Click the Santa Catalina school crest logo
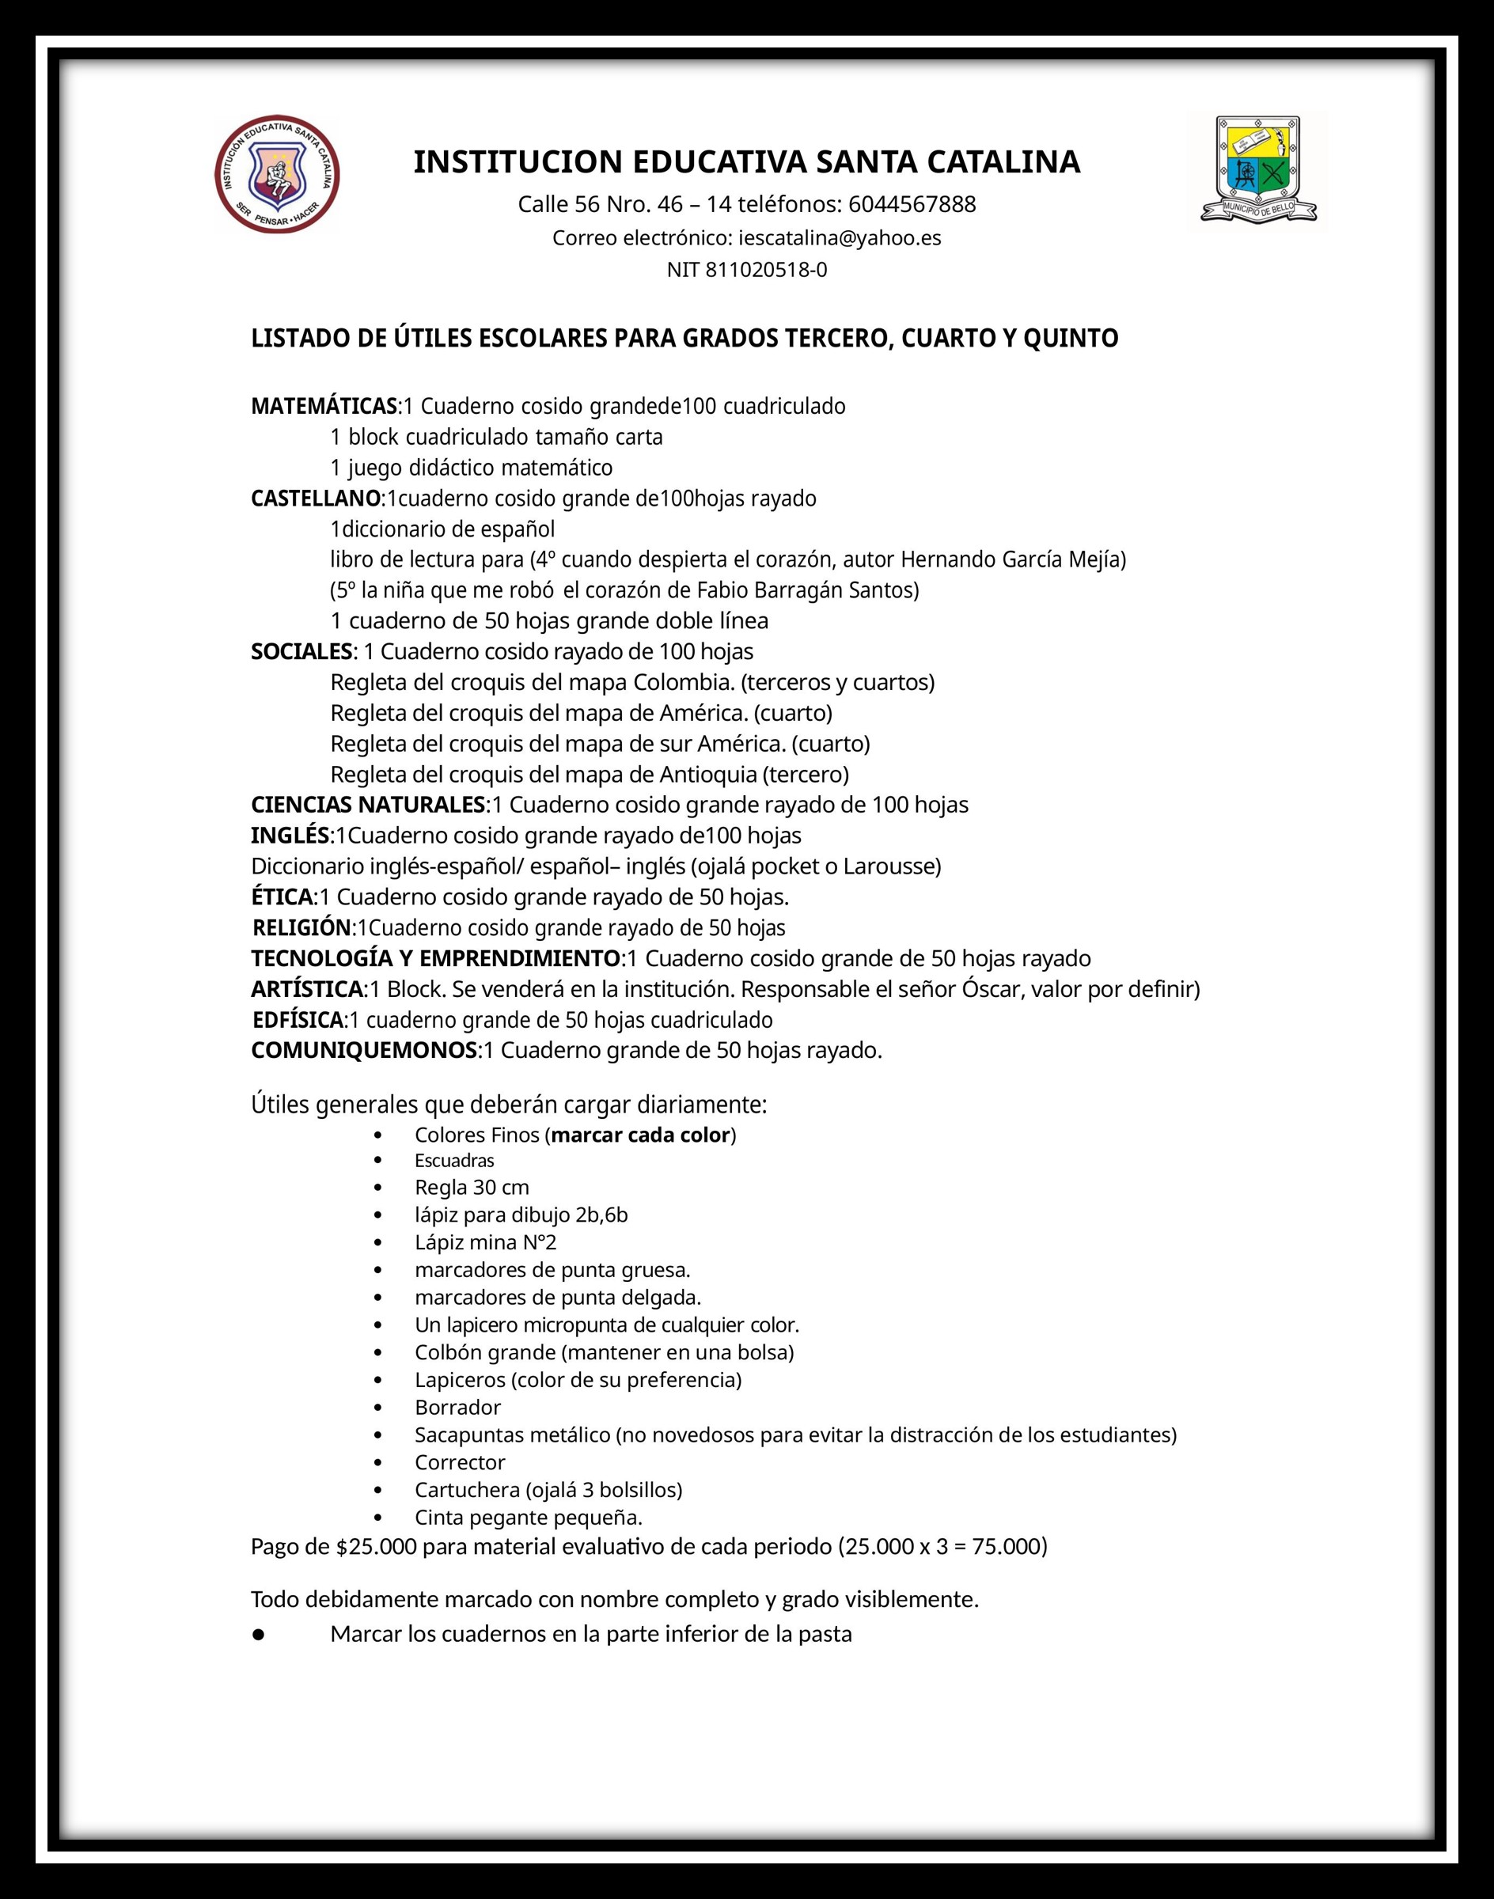pos(277,175)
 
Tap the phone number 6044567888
pos(912,205)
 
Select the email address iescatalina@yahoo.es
pos(840,238)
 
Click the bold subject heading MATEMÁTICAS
pos(324,407)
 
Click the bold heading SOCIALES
pos(301,652)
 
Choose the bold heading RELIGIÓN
pos(302,928)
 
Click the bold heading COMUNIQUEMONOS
pos(365,1051)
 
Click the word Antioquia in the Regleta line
pos(708,774)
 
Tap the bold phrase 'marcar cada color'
pos(641,1135)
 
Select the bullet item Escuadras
pos(455,1161)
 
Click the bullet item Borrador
pos(457,1408)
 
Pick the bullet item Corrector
pos(460,1462)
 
